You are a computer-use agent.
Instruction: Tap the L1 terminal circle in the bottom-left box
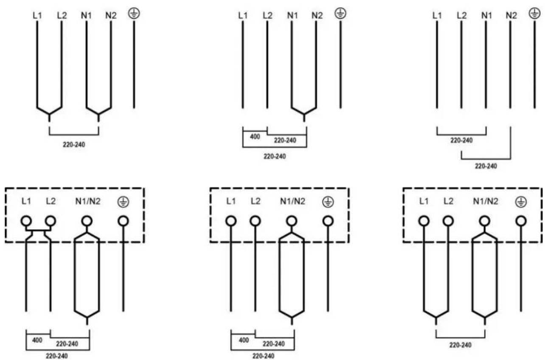pyautogui.click(x=26, y=221)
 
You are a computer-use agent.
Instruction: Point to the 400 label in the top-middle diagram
pyautogui.click(x=255, y=137)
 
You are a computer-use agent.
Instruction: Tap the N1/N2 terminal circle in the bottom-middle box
pyautogui.click(x=291, y=221)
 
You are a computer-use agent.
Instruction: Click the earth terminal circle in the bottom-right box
pyautogui.click(x=521, y=221)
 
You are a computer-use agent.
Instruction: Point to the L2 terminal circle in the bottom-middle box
pyautogui.click(x=255, y=221)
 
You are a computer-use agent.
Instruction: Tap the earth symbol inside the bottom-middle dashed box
pyautogui.click(x=328, y=202)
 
